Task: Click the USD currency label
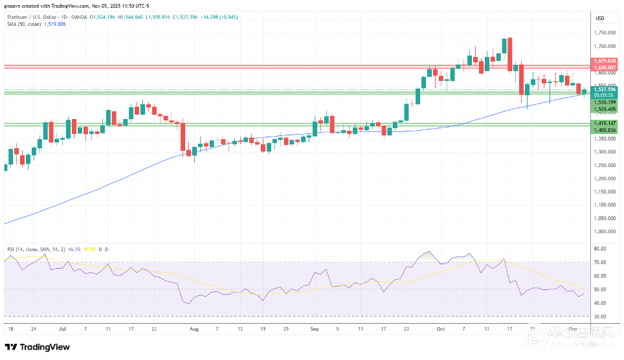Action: pyautogui.click(x=599, y=17)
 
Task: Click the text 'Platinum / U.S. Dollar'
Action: pyautogui.click(x=30, y=16)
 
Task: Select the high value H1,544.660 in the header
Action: pyautogui.click(x=142, y=16)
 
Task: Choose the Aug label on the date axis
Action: pyautogui.click(x=194, y=328)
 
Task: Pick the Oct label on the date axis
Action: pyautogui.click(x=441, y=328)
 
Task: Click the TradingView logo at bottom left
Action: pyautogui.click(x=38, y=347)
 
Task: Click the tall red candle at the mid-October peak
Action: pyautogui.click(x=510, y=54)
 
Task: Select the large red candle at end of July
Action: pyautogui.click(x=183, y=137)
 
